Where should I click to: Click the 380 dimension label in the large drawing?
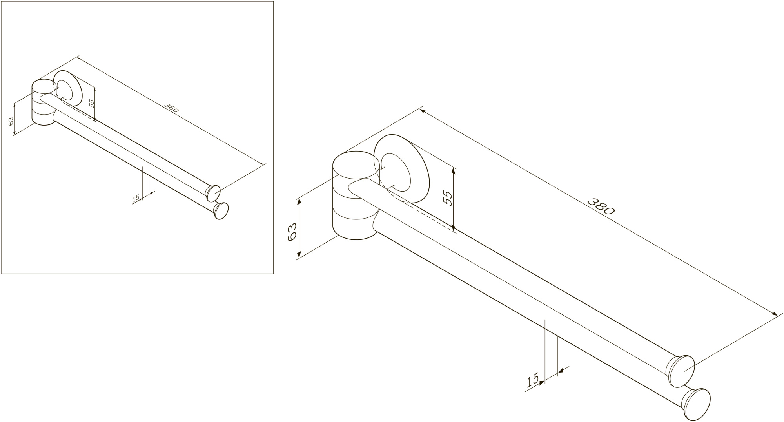coord(601,206)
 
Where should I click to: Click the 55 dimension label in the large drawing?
coord(448,198)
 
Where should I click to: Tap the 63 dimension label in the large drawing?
coord(292,232)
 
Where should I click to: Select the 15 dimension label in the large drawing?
coord(533,380)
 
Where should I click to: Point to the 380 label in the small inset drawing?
coord(171,108)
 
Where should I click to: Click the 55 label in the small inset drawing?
coord(91,103)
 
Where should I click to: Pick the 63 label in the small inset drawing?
coord(11,121)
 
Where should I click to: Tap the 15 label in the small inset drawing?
coord(136,199)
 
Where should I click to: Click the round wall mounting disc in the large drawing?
coord(402,168)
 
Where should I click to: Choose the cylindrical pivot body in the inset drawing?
coord(44,102)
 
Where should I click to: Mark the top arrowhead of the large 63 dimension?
coord(299,202)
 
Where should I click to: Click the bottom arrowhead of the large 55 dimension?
coord(453,227)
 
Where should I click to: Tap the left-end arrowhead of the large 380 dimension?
coord(423,111)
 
